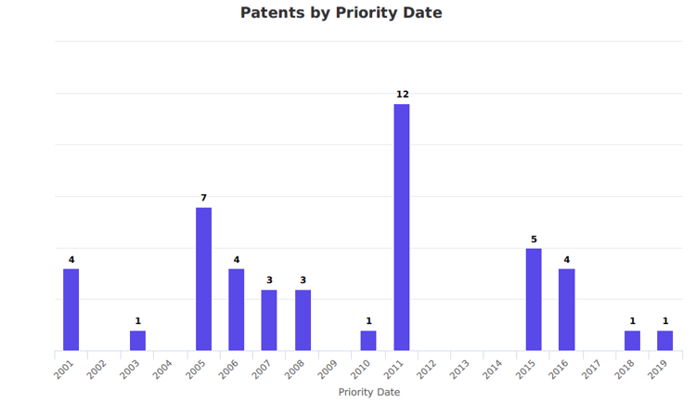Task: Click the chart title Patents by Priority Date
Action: click(341, 13)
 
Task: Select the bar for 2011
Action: click(402, 227)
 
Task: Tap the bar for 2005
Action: click(203, 279)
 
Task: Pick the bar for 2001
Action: click(71, 309)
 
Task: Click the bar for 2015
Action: click(534, 299)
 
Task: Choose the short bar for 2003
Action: click(137, 341)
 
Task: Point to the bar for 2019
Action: click(665, 341)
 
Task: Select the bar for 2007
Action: click(269, 320)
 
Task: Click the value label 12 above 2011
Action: click(402, 95)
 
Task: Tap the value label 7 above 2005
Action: click(203, 198)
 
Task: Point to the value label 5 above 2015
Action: click(534, 240)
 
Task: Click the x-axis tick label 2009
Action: click(328, 370)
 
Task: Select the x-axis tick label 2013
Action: click(459, 370)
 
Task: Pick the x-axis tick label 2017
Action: click(591, 370)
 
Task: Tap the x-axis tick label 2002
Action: click(97, 370)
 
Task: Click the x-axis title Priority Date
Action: click(369, 392)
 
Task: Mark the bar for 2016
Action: click(567, 309)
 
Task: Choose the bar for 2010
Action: click(368, 341)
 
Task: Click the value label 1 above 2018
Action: click(632, 322)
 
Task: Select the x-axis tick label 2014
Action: click(492, 370)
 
